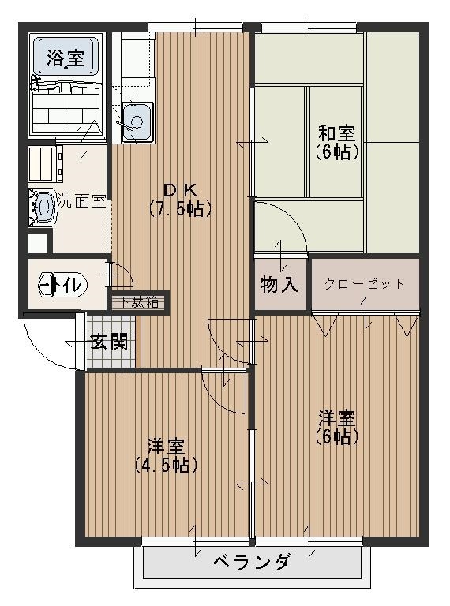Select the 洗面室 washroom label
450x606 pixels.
click(80, 200)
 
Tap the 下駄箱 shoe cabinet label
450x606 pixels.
click(139, 301)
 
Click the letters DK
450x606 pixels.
click(179, 190)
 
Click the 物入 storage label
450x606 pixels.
click(279, 285)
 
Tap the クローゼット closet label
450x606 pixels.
click(365, 284)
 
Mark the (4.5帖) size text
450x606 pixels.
click(165, 465)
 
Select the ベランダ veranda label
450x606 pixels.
click(253, 563)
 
